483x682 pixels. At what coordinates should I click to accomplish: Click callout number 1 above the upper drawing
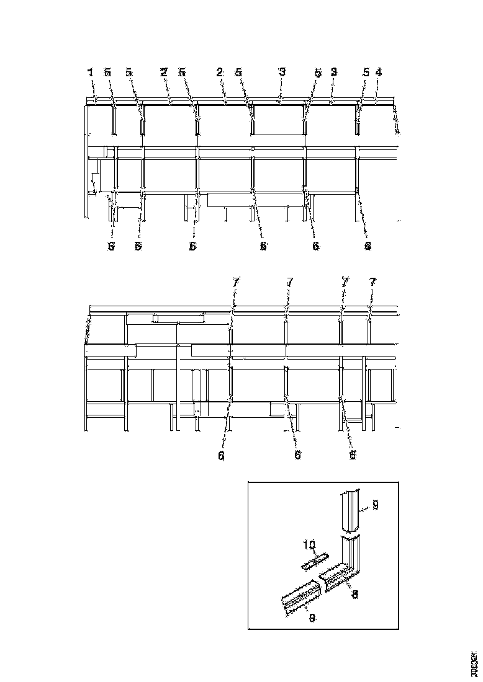[x=91, y=73]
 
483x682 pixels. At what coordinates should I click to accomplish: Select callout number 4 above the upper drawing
[x=379, y=72]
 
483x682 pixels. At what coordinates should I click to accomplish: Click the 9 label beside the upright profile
[x=376, y=507]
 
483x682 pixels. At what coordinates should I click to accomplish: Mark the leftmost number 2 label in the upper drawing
[x=164, y=73]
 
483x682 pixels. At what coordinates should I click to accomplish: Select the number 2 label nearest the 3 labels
[x=220, y=73]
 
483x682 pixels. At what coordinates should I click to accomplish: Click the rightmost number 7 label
[x=372, y=282]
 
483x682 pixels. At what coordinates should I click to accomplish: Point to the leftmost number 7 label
[x=235, y=282]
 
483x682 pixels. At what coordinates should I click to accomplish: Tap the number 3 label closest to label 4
[x=333, y=73]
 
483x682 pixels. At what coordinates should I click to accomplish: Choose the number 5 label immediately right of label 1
[x=108, y=73]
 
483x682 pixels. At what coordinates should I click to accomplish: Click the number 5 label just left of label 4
[x=366, y=73]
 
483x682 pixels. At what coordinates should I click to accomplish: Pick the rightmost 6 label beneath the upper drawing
[x=368, y=246]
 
